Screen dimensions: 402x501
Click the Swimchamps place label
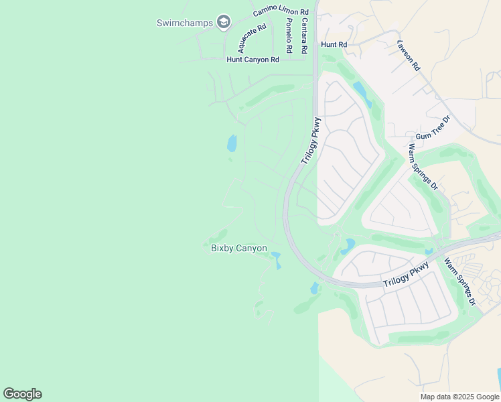(184, 23)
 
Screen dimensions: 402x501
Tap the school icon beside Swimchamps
(224, 23)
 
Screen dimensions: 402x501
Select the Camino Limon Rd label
(281, 13)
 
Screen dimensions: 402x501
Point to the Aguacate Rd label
(252, 38)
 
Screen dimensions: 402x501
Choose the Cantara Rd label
(304, 36)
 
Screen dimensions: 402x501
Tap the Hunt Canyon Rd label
(253, 60)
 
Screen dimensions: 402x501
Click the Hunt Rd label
(334, 44)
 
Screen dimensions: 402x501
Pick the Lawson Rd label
(408, 56)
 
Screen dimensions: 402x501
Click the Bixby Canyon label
(239, 249)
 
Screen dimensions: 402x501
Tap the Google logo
(22, 394)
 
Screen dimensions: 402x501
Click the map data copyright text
(459, 397)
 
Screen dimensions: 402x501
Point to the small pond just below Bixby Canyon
(276, 259)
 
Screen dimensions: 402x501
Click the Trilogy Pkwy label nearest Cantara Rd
(311, 140)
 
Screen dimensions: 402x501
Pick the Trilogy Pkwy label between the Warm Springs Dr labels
(406, 275)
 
